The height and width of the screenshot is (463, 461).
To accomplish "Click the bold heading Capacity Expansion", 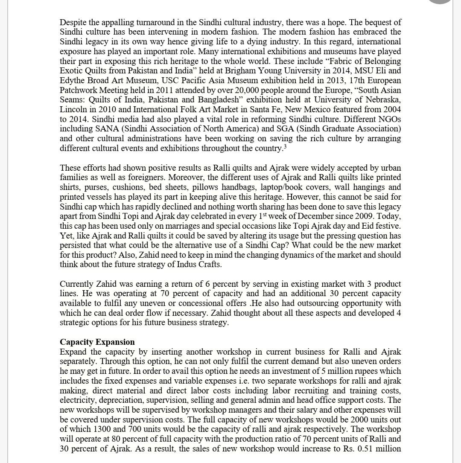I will point(97,342).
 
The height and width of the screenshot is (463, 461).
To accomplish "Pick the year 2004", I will point(392,109).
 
